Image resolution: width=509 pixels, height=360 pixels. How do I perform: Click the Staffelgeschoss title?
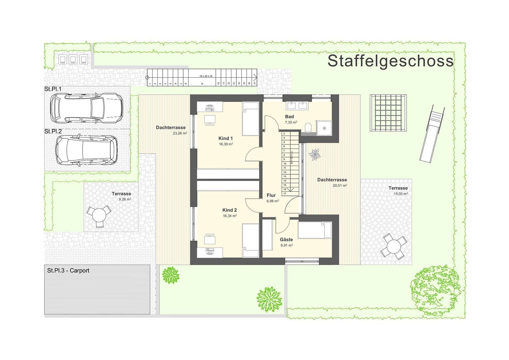click(x=390, y=61)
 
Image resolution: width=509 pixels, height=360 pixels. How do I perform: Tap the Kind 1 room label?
click(x=226, y=138)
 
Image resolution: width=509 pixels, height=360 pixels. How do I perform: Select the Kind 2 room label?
click(x=229, y=210)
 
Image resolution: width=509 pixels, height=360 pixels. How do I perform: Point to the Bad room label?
click(x=289, y=117)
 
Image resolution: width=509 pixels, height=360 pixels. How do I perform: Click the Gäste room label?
click(x=286, y=239)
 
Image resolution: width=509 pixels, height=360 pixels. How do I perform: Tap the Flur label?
click(x=271, y=195)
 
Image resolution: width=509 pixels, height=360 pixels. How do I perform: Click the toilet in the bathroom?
click(x=309, y=127)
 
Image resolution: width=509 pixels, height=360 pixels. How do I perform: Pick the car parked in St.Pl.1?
click(x=86, y=107)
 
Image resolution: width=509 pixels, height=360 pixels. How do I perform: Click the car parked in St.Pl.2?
click(x=86, y=150)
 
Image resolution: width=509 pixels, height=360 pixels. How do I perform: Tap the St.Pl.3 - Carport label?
click(x=68, y=271)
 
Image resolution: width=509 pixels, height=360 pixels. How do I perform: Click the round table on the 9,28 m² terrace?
click(x=99, y=215)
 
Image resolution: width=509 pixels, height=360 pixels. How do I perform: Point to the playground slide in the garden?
click(x=432, y=133)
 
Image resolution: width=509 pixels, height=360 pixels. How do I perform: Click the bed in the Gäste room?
click(x=315, y=230)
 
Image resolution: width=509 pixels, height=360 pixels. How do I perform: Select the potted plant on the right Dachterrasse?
click(x=314, y=155)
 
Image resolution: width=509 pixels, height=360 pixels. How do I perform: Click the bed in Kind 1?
click(x=250, y=119)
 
